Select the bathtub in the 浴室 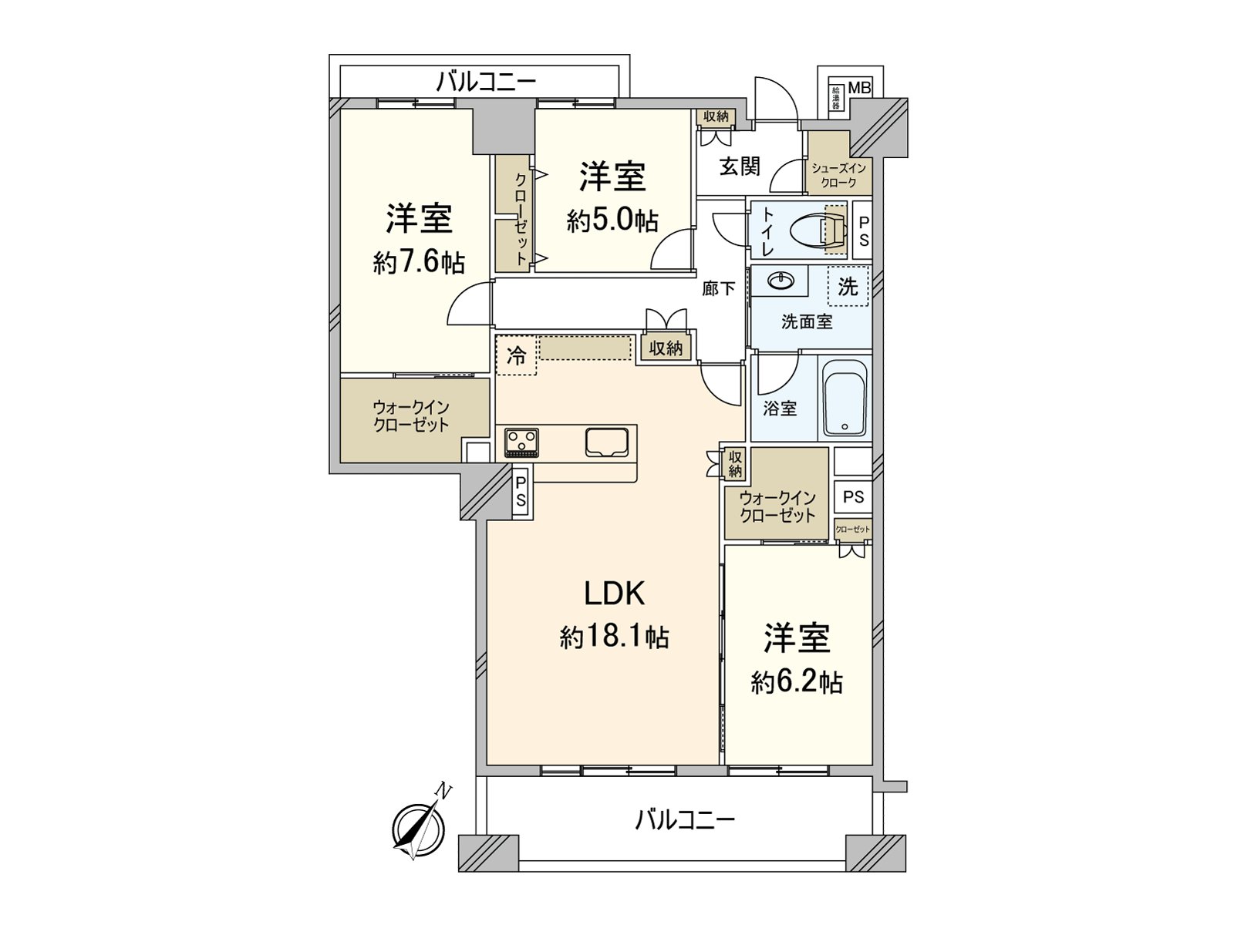click(x=845, y=399)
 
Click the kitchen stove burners click(x=521, y=443)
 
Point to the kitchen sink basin click(x=606, y=442)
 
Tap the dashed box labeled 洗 click(x=848, y=286)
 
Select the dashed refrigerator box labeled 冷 click(x=516, y=355)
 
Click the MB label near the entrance click(x=859, y=88)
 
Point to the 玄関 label click(x=740, y=166)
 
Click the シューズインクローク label click(x=838, y=175)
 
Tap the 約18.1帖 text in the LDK click(x=614, y=637)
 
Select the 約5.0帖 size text click(x=612, y=221)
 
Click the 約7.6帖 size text click(x=419, y=263)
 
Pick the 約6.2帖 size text click(x=797, y=682)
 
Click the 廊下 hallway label click(x=718, y=289)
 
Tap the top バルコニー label click(x=486, y=81)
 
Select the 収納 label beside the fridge click(x=666, y=348)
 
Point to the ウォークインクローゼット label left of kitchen click(x=411, y=416)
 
